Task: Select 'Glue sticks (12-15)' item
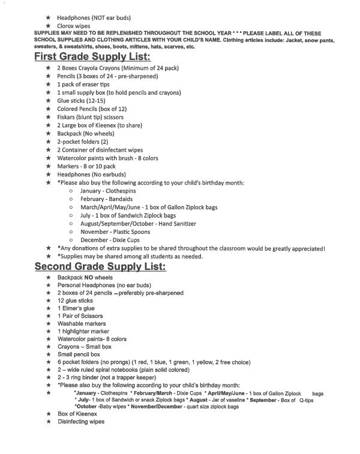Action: [x=80, y=101]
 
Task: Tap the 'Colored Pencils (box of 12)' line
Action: [x=91, y=109]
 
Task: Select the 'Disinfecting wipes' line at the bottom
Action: [x=81, y=422]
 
